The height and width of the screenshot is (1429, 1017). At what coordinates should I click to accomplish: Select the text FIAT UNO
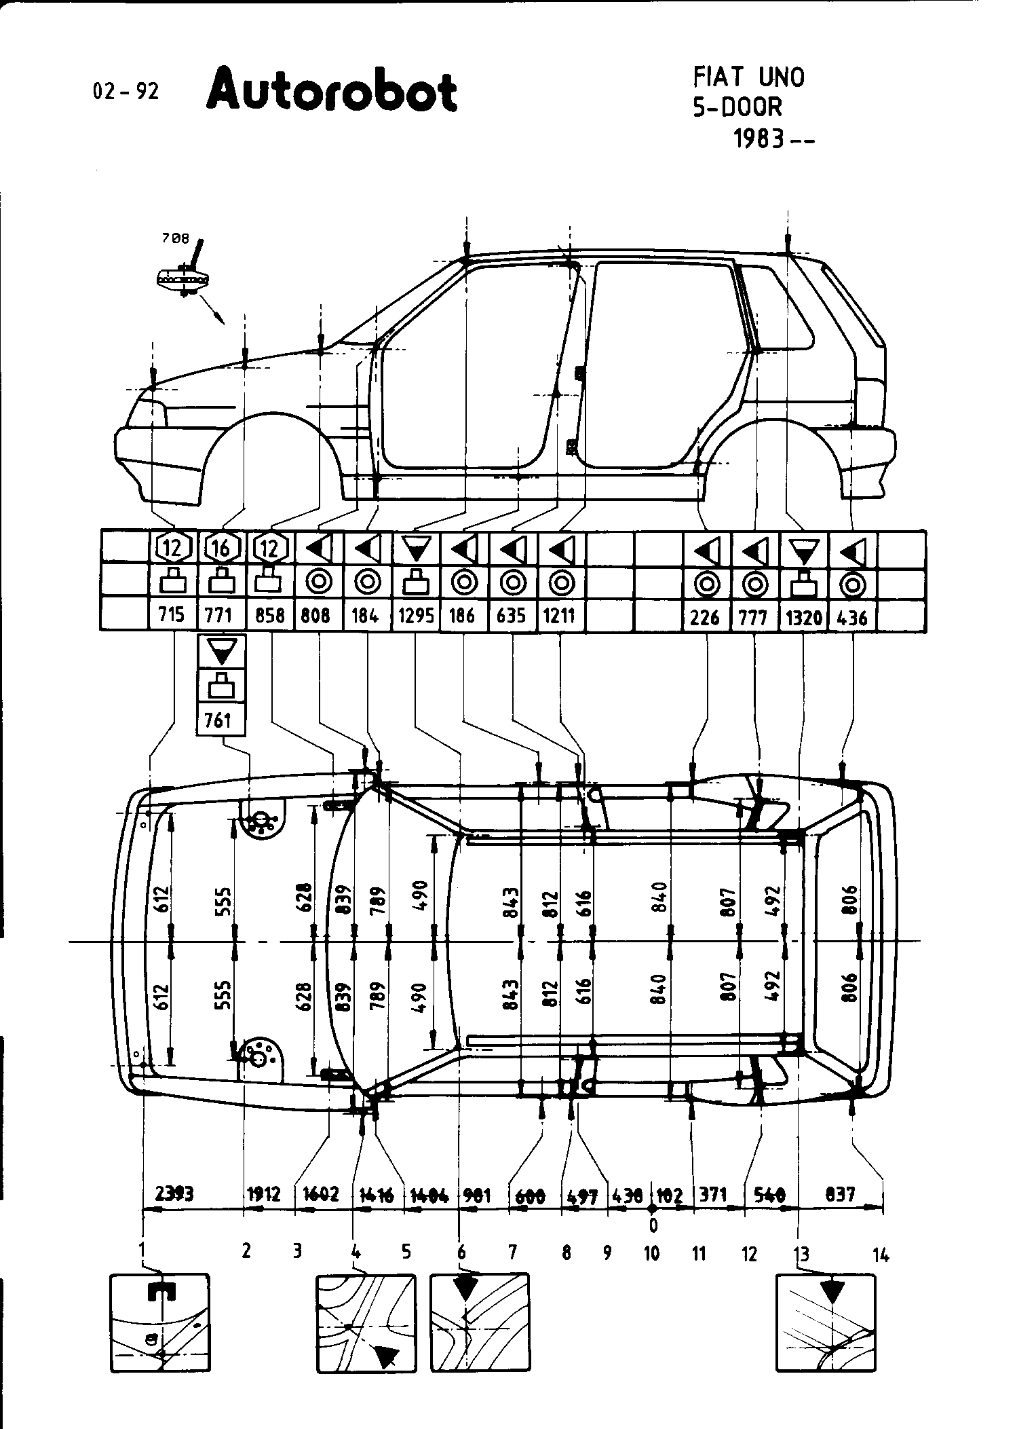click(x=748, y=77)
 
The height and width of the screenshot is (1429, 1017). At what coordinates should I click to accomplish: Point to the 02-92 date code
click(x=126, y=92)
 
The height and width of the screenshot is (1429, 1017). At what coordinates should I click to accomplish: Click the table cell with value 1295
click(x=416, y=616)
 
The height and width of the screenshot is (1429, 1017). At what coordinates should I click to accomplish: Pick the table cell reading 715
click(x=172, y=615)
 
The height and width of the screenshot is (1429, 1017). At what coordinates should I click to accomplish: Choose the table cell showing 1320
click(x=803, y=617)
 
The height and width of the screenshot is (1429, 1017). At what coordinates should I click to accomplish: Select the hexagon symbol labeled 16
click(x=220, y=547)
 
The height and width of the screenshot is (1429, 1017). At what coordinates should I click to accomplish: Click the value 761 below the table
click(x=218, y=720)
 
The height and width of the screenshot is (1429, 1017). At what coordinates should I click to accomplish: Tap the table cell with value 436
click(x=853, y=617)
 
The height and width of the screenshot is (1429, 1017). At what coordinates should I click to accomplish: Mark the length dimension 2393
click(x=174, y=1193)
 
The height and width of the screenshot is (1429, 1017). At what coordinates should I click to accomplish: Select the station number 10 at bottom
click(x=652, y=1253)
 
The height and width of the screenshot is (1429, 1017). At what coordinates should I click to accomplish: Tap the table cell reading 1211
click(x=560, y=616)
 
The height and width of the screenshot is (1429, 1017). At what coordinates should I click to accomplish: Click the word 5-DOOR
click(x=737, y=107)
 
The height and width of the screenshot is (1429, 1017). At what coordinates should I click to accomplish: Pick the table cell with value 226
click(x=706, y=617)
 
